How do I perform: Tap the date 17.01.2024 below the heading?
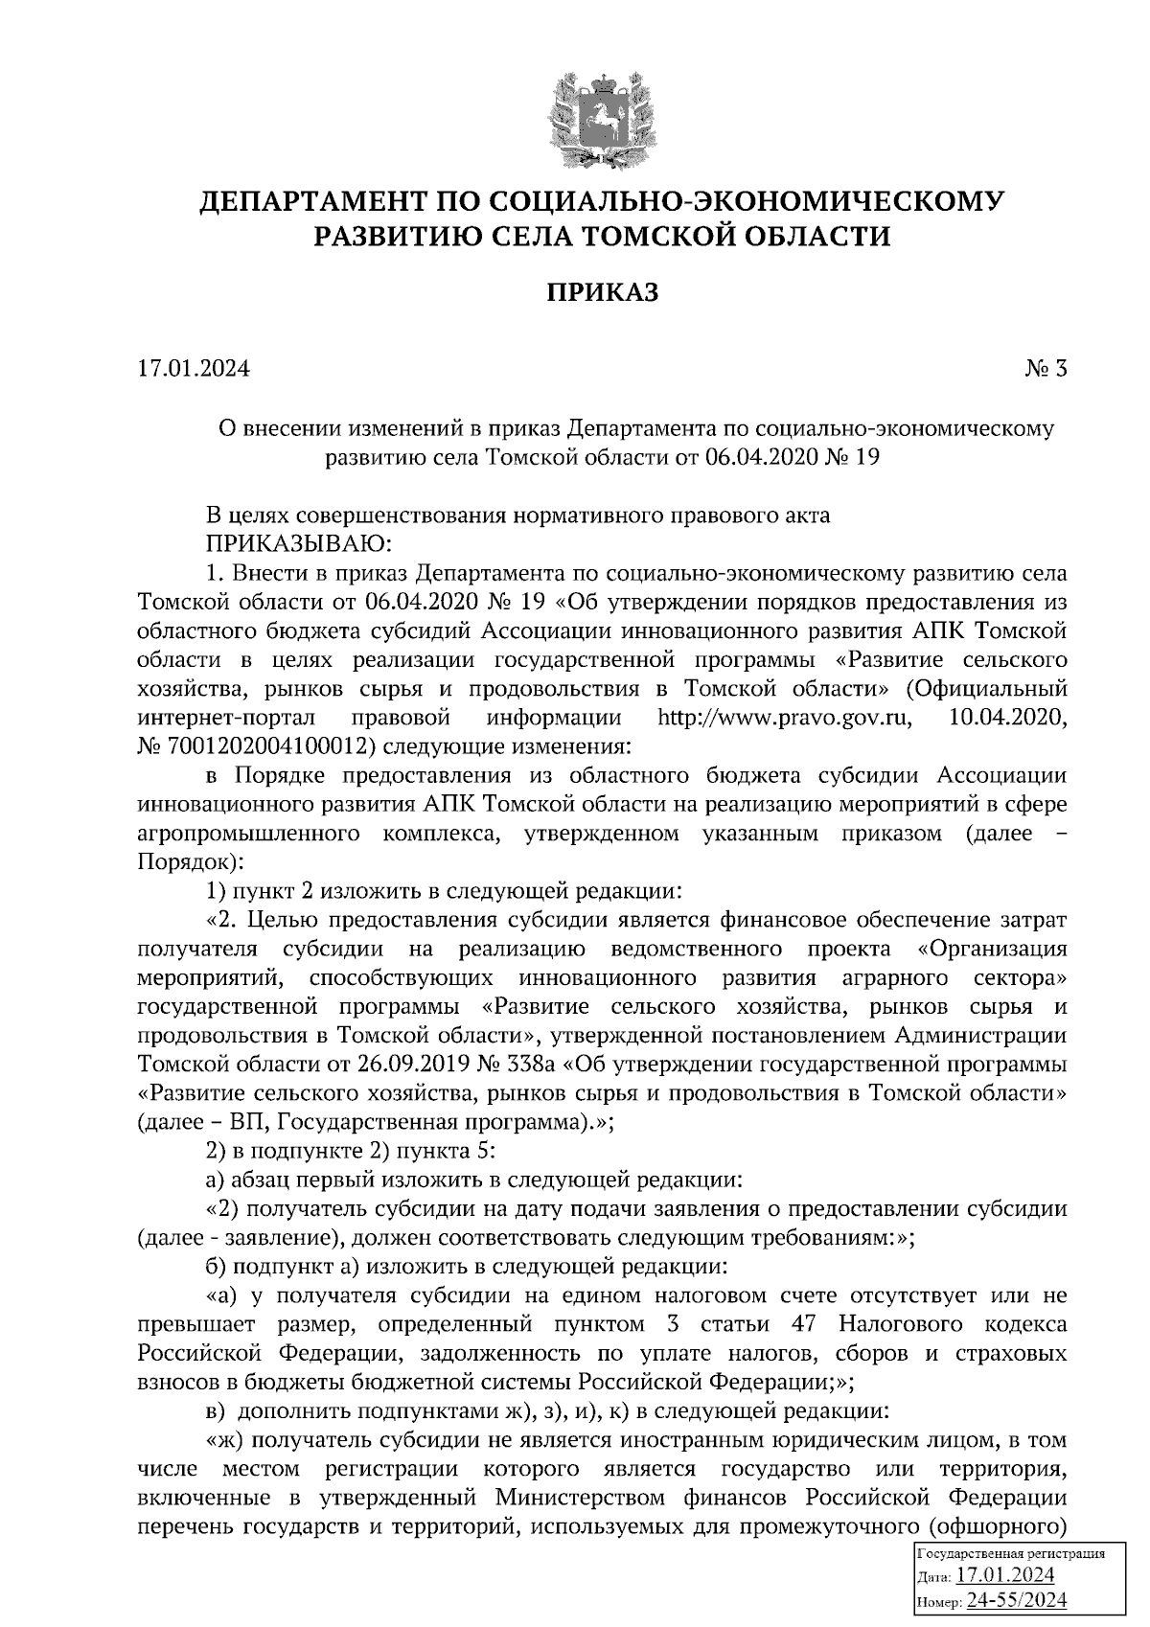point(194,368)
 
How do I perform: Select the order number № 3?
point(1046,368)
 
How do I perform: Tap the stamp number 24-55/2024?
point(1017,1600)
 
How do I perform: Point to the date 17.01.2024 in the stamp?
point(1005,1576)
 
